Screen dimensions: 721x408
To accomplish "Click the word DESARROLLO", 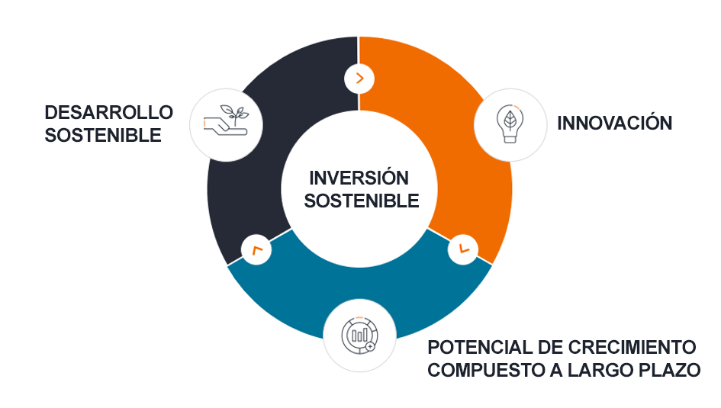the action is pyautogui.click(x=108, y=113).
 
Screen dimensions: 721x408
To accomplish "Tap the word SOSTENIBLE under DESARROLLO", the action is pyautogui.click(x=103, y=136).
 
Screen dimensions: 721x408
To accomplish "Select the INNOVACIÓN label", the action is pyautogui.click(x=615, y=122).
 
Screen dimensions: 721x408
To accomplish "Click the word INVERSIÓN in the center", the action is pyautogui.click(x=359, y=178).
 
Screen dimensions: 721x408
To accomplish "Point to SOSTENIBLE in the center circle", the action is pyautogui.click(x=362, y=201).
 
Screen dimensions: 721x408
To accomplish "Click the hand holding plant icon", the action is pyautogui.click(x=227, y=120).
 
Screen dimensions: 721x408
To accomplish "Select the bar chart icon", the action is pyautogui.click(x=359, y=336).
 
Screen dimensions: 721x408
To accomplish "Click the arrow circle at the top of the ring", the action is pyautogui.click(x=359, y=79).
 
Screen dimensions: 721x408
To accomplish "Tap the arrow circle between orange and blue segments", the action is pyautogui.click(x=463, y=249).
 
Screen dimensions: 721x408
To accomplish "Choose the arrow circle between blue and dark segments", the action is pyautogui.click(x=256, y=249).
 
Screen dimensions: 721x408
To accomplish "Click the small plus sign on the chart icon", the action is pyautogui.click(x=370, y=346).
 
